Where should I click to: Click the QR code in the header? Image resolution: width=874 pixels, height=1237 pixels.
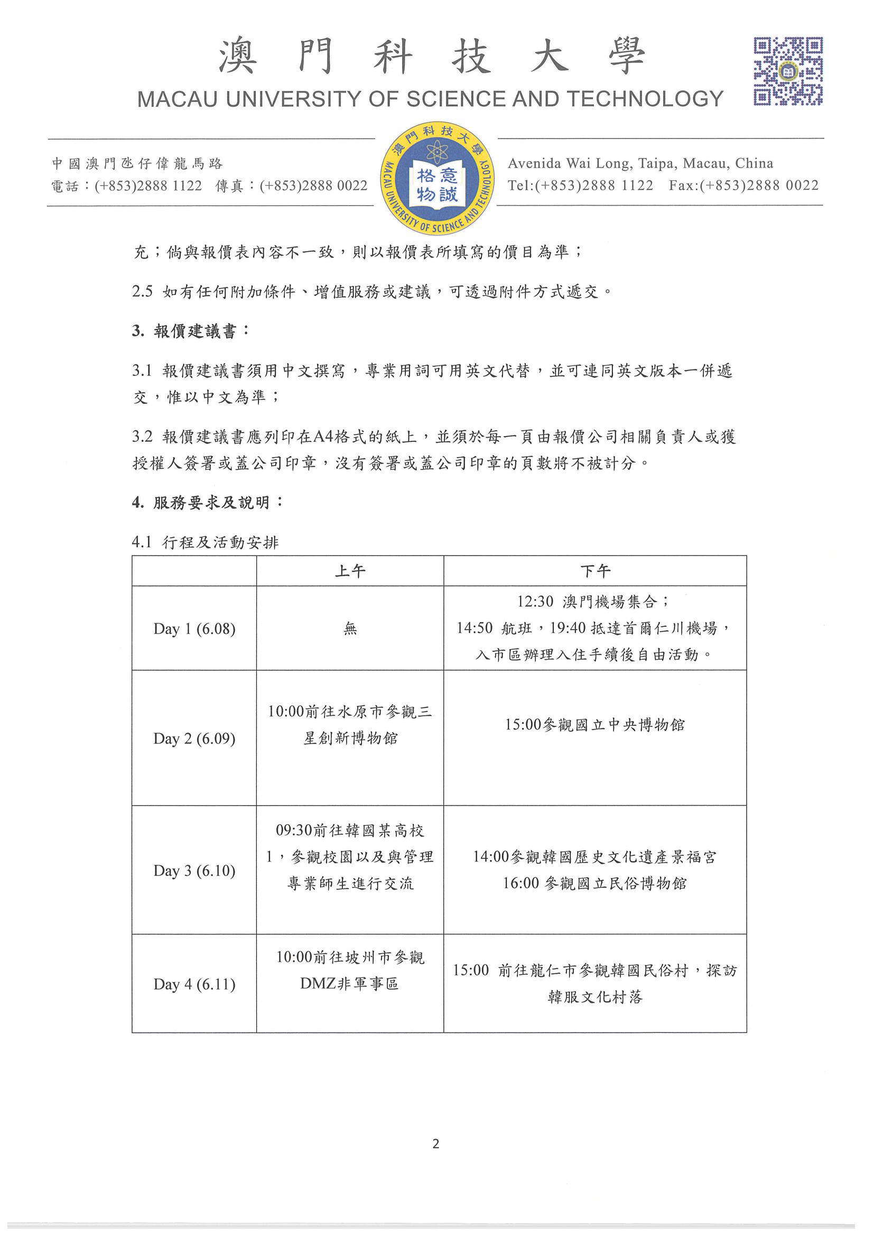click(787, 71)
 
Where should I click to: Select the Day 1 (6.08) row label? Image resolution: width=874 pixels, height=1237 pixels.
click(194, 629)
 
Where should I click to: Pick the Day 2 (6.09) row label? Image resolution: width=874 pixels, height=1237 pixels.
click(194, 738)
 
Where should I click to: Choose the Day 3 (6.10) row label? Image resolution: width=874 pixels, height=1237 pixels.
click(194, 871)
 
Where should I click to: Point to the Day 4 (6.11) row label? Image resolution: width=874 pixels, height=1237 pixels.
click(194, 984)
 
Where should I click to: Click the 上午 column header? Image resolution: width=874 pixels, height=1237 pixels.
click(350, 571)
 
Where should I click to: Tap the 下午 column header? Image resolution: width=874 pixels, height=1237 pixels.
click(595, 571)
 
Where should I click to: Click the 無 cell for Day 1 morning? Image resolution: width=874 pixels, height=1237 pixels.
click(350, 629)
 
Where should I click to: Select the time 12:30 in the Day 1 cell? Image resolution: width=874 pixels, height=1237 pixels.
click(535, 602)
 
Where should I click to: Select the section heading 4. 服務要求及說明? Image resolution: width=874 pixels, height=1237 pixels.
click(207, 503)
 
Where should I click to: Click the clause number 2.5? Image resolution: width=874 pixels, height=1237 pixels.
click(142, 291)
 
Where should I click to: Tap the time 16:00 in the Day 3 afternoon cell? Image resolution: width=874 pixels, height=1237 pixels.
click(520, 883)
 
